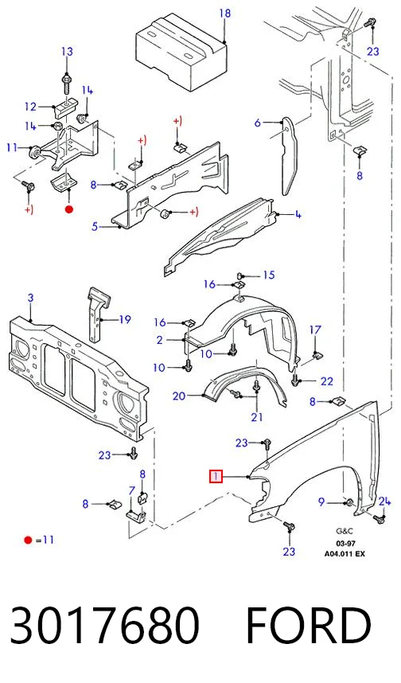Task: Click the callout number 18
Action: click(224, 13)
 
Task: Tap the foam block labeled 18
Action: click(182, 52)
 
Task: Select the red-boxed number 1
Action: click(216, 477)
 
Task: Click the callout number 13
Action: click(67, 52)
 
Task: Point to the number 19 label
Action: click(125, 320)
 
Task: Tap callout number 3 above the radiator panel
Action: click(30, 299)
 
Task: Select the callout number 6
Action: click(257, 123)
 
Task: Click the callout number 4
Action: click(298, 214)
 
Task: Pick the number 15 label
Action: click(269, 275)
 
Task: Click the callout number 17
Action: click(315, 330)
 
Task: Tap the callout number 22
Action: click(326, 381)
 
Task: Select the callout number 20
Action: click(179, 396)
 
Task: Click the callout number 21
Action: click(257, 417)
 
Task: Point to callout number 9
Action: click(321, 502)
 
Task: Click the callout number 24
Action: click(384, 502)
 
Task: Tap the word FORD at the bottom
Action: click(309, 626)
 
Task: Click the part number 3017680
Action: click(105, 626)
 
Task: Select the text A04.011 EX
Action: click(345, 553)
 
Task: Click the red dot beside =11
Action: click(29, 541)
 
